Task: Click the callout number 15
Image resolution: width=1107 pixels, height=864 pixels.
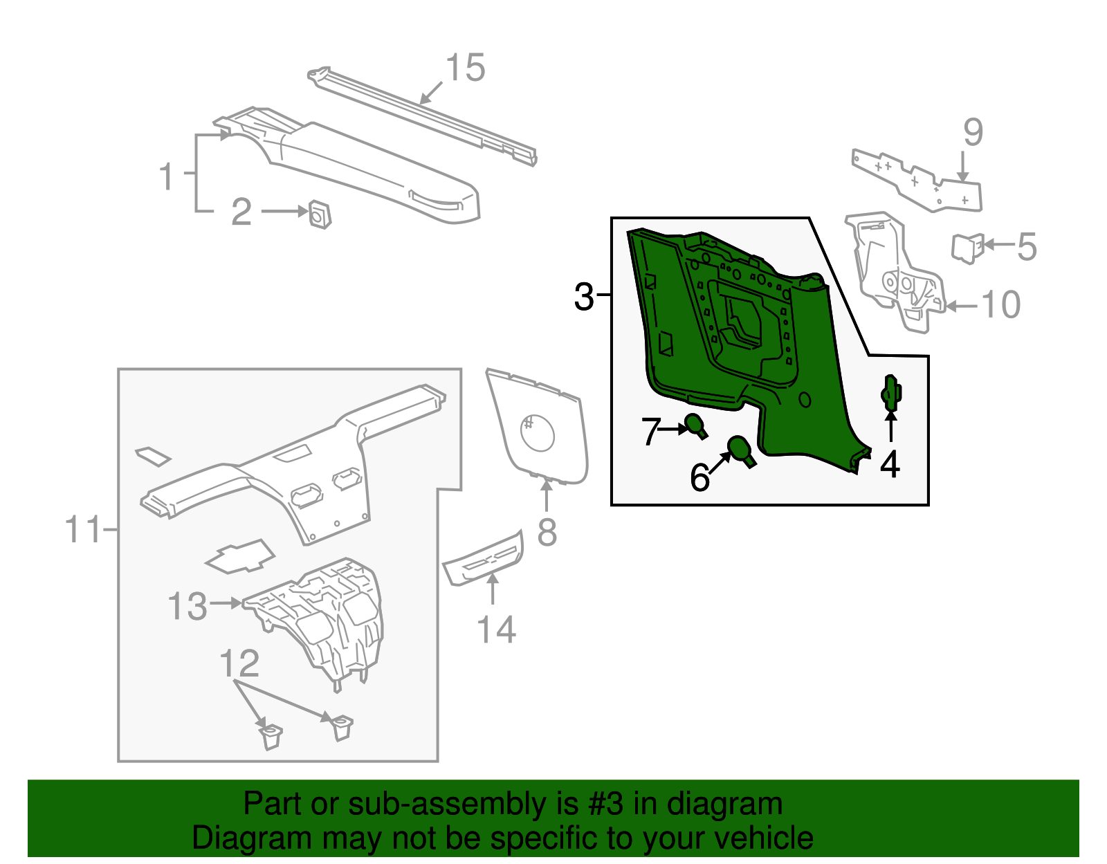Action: point(465,68)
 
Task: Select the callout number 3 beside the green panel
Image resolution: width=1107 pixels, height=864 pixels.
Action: point(585,297)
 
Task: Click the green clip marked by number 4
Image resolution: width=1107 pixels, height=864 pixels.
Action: point(890,394)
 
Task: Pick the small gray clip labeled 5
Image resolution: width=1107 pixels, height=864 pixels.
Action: point(967,248)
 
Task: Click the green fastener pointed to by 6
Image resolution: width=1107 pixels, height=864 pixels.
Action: point(741,450)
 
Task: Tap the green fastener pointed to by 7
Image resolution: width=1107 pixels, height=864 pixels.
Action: point(695,425)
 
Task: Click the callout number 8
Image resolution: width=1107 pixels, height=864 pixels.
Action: point(547,533)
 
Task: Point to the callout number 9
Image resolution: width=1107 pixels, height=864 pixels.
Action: point(973,132)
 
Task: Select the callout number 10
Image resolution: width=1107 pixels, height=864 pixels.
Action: point(1001,305)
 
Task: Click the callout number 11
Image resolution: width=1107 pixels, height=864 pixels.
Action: point(84,530)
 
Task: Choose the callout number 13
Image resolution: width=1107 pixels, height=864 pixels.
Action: point(187,607)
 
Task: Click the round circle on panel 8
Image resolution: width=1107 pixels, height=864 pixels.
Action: point(537,432)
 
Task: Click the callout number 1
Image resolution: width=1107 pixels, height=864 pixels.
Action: point(167,176)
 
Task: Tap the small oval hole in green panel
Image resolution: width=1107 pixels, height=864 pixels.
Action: point(804,399)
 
